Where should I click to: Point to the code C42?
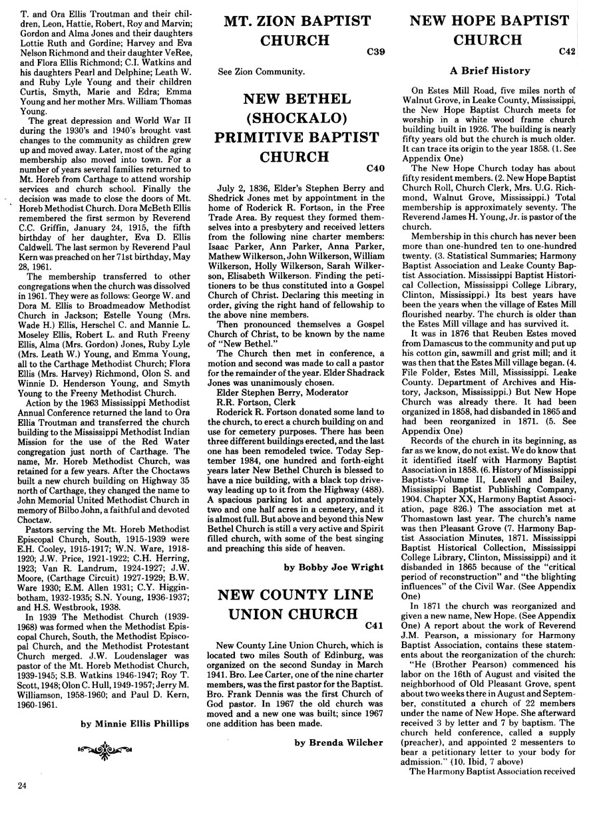(567, 51)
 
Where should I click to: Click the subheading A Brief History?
(490, 71)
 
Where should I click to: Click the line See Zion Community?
(262, 71)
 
